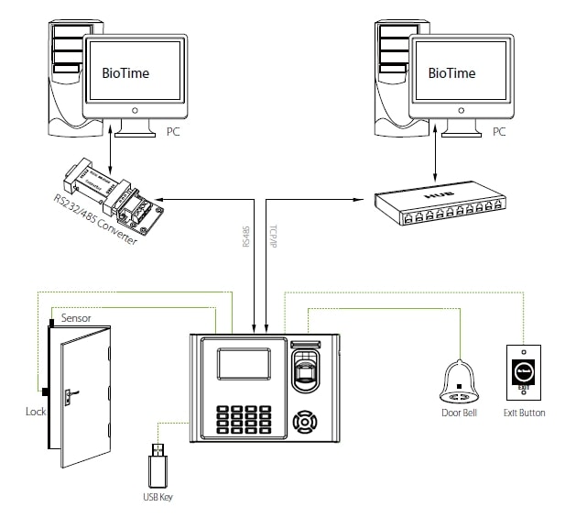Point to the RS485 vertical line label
point(245,237)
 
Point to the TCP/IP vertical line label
point(273,237)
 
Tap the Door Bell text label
point(458,413)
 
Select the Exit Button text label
point(525,413)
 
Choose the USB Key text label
point(157,497)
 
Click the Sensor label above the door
point(76,317)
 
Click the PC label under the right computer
point(498,132)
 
